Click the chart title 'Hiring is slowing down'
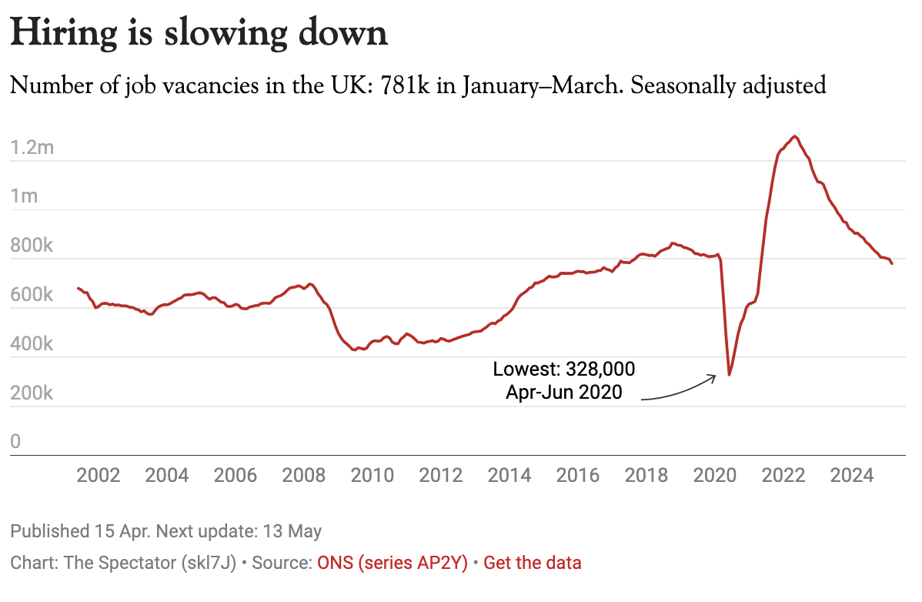pyautogui.click(x=199, y=34)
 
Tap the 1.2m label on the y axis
pyautogui.click(x=32, y=147)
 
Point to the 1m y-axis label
pyautogui.click(x=24, y=196)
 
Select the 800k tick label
pyautogui.click(x=32, y=246)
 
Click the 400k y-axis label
pyautogui.click(x=32, y=344)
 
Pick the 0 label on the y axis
pyautogui.click(x=15, y=442)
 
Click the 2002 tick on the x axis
pyautogui.click(x=99, y=475)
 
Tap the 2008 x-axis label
pyautogui.click(x=304, y=475)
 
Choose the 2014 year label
pyautogui.click(x=509, y=475)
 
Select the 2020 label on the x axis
pyautogui.click(x=715, y=475)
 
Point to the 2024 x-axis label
pyautogui.click(x=852, y=475)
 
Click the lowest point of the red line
pyautogui.click(x=729, y=375)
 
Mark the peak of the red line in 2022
pyautogui.click(x=795, y=136)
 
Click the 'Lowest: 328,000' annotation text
pyautogui.click(x=564, y=369)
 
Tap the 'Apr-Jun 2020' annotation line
pyautogui.click(x=563, y=392)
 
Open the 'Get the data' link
pyautogui.click(x=533, y=563)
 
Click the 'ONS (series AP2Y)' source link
pyautogui.click(x=393, y=563)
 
